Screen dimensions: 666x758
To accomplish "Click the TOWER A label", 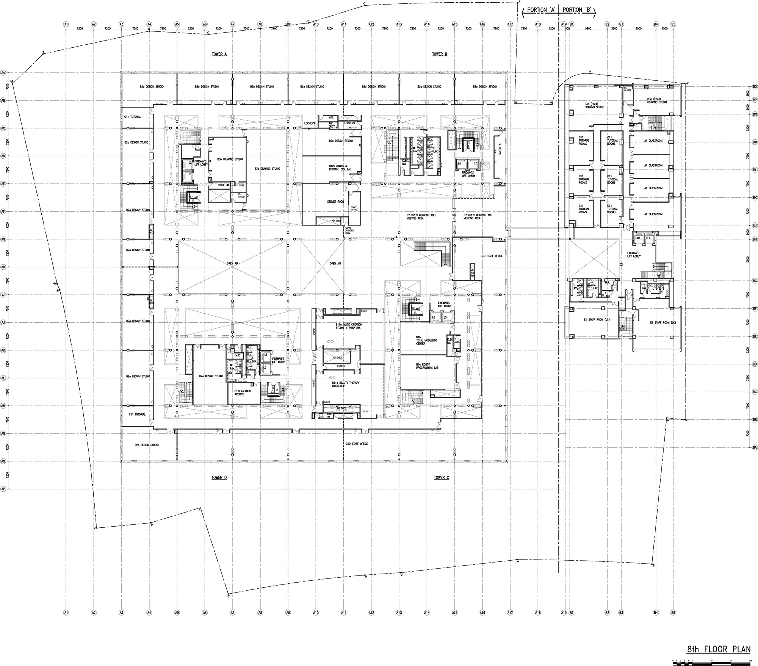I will pyautogui.click(x=219, y=55).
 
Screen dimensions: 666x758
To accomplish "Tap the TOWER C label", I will pyautogui.click(x=441, y=477).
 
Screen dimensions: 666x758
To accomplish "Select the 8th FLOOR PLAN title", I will pyautogui.click(x=719, y=649).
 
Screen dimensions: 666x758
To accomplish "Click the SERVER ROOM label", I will pyautogui.click(x=335, y=202).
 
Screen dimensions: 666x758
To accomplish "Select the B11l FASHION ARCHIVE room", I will pyautogui.click(x=239, y=392).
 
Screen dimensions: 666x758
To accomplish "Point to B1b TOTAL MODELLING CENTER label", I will pyautogui.click(x=426, y=340).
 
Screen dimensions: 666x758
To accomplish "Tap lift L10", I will pyautogui.click(x=638, y=238).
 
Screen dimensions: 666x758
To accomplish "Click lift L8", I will pyautogui.click(x=266, y=355).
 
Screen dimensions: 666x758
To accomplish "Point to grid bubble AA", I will pyautogui.click(x=3, y=72).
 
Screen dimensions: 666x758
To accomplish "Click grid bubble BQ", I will pyautogui.click(x=755, y=87).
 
